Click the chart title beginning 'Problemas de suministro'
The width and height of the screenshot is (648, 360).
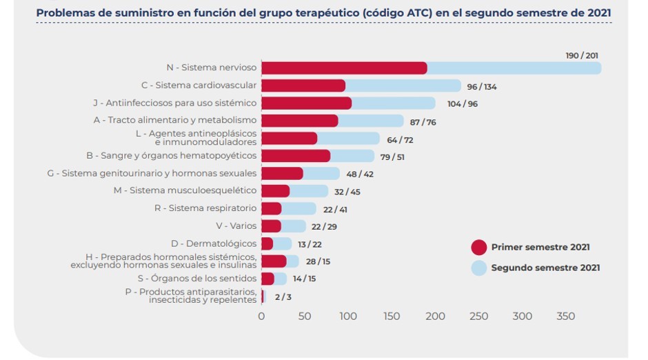click(x=323, y=12)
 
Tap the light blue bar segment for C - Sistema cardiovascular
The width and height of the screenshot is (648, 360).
click(x=403, y=86)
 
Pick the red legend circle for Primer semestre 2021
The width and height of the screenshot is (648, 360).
click(x=479, y=248)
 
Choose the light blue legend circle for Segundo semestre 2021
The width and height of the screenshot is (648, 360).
click(x=479, y=268)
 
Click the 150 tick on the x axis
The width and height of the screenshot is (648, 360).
click(x=392, y=316)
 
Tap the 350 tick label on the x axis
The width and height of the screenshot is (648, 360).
click(x=566, y=316)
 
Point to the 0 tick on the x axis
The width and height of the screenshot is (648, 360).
click(x=261, y=316)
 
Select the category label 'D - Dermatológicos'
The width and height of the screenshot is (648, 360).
click(x=214, y=243)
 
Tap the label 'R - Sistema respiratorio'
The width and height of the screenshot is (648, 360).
click(x=205, y=208)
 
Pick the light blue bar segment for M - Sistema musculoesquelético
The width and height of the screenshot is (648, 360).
click(x=309, y=190)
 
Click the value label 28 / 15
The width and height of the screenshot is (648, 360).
click(x=319, y=261)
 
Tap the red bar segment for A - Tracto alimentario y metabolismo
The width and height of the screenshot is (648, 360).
click(x=299, y=121)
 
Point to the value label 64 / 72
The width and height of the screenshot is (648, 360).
click(x=400, y=139)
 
